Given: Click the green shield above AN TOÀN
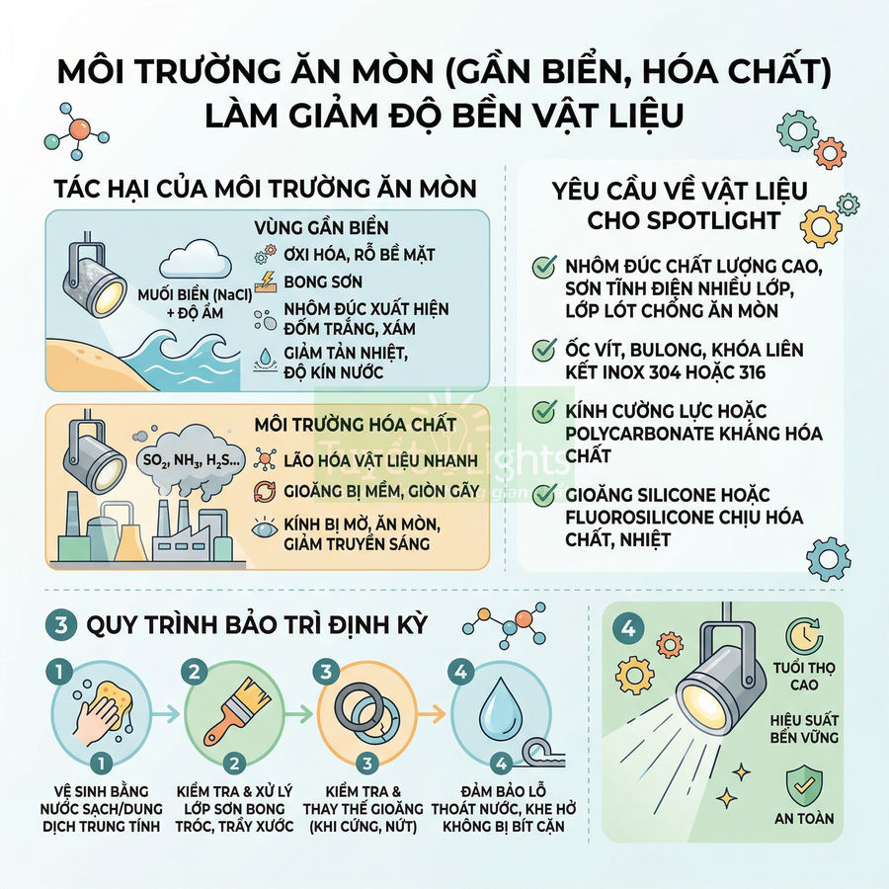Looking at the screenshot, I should [802, 785].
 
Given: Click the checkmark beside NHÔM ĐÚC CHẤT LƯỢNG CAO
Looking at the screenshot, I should [542, 267].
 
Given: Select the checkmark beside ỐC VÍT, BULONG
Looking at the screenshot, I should [542, 350].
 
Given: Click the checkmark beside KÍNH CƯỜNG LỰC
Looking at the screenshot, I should [542, 410].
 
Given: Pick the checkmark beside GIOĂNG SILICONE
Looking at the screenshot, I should [542, 494].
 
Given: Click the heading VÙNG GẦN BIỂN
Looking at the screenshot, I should [321, 226].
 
